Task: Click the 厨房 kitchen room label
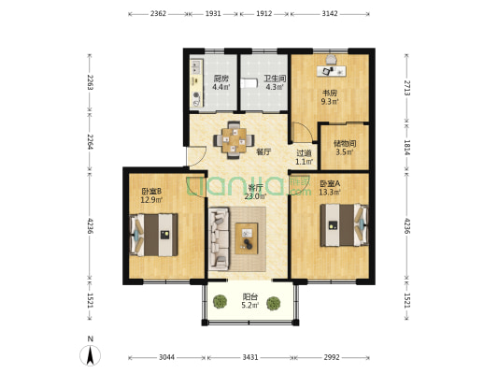pos(221,79)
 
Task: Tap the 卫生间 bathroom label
pos(275,79)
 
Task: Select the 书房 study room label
pos(330,93)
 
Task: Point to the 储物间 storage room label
pos(345,143)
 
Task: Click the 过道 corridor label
pos(304,153)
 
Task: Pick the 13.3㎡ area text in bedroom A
pos(330,192)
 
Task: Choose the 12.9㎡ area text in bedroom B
pos(151,200)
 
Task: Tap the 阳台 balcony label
pos(250,296)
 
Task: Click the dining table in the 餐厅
pos(234,140)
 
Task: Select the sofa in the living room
pos(219,239)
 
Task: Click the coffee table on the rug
pos(246,238)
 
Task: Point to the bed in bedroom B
pos(154,235)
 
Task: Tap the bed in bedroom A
pos(344,225)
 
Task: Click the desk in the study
pos(332,71)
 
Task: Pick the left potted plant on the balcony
pos(220,301)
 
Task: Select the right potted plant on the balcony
pos(273,303)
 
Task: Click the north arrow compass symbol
pos(91,354)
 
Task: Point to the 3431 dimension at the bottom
pos(250,357)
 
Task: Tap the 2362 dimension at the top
pos(158,14)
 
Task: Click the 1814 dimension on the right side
pos(407,148)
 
